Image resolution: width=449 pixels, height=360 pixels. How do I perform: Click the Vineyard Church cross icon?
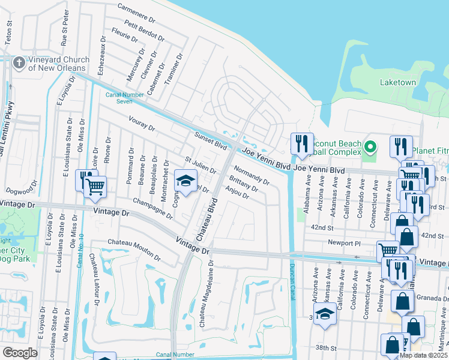point(19,62)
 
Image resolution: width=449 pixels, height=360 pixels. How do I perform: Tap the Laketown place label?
point(397,82)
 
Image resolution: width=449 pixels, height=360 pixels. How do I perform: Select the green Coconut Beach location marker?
point(370,146)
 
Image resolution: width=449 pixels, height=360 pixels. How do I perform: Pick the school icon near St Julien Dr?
point(186,180)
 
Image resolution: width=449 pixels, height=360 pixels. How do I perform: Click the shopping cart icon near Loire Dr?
point(95,187)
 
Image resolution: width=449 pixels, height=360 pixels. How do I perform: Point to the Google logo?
point(19,353)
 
